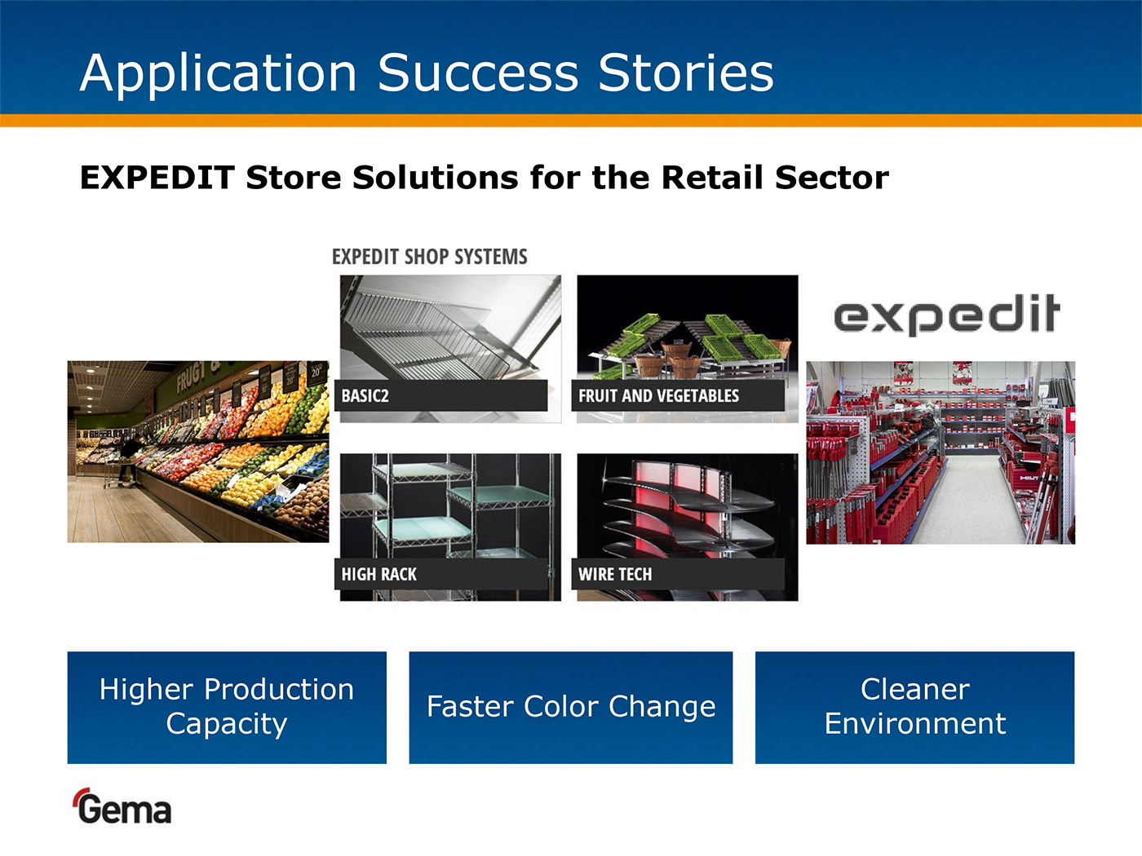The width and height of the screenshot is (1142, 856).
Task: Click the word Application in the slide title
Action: (x=219, y=74)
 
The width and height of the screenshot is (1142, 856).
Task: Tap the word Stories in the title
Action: (x=686, y=73)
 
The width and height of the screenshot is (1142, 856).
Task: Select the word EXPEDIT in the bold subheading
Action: (x=157, y=178)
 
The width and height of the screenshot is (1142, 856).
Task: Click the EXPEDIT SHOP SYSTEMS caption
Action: (x=430, y=257)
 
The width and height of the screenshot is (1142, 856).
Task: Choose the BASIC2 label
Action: (x=365, y=396)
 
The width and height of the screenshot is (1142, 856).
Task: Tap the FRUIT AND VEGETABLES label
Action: (x=658, y=396)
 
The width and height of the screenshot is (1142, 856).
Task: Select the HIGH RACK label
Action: (x=378, y=574)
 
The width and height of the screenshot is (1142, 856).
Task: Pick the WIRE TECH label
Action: (x=615, y=574)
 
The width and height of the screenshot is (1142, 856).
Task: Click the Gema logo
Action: (x=122, y=806)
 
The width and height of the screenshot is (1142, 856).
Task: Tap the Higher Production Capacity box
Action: (x=227, y=708)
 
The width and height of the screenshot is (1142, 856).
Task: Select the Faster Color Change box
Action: (x=571, y=708)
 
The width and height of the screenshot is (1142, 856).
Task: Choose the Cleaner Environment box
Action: (x=914, y=708)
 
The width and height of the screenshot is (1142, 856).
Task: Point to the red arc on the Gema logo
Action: (x=80, y=794)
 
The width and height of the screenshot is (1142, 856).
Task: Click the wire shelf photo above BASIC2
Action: (x=450, y=328)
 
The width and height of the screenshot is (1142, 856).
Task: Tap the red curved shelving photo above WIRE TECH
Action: (x=688, y=506)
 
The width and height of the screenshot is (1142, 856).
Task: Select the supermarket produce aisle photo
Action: (x=198, y=452)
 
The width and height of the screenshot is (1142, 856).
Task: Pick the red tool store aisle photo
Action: (x=941, y=452)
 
